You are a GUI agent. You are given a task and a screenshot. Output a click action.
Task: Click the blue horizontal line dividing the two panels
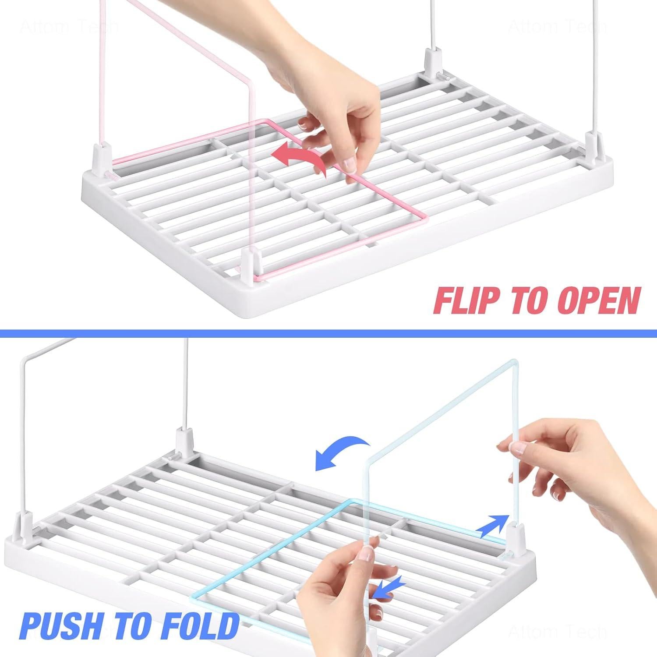click(328, 334)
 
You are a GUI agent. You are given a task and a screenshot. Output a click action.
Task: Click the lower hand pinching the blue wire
click(342, 583)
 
